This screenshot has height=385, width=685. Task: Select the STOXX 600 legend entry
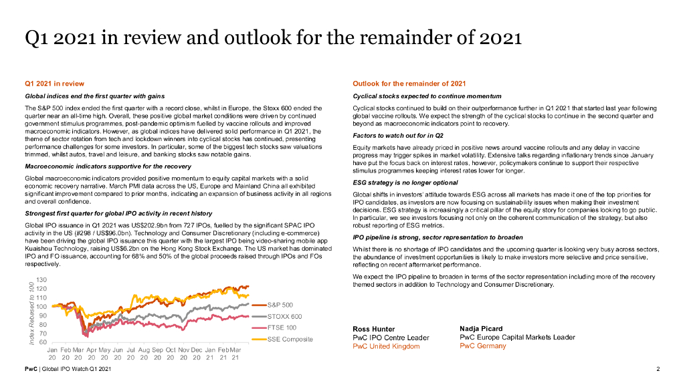coord(284,316)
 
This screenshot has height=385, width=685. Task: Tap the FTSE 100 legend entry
coord(282,328)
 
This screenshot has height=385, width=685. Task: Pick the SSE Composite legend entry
coord(290,339)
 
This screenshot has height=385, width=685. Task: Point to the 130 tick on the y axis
coord(41,279)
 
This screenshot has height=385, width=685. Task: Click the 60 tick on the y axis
coord(43,342)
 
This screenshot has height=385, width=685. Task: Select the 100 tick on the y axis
coord(41,306)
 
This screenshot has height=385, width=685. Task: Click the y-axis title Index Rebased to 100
coord(31,313)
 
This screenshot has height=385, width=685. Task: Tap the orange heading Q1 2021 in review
coord(54,84)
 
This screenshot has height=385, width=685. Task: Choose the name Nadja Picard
coord(482,328)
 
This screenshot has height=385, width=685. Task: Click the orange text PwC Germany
coord(483,346)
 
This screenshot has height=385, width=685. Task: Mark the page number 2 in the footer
coord(658,370)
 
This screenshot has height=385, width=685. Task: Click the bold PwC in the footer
coord(30,370)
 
